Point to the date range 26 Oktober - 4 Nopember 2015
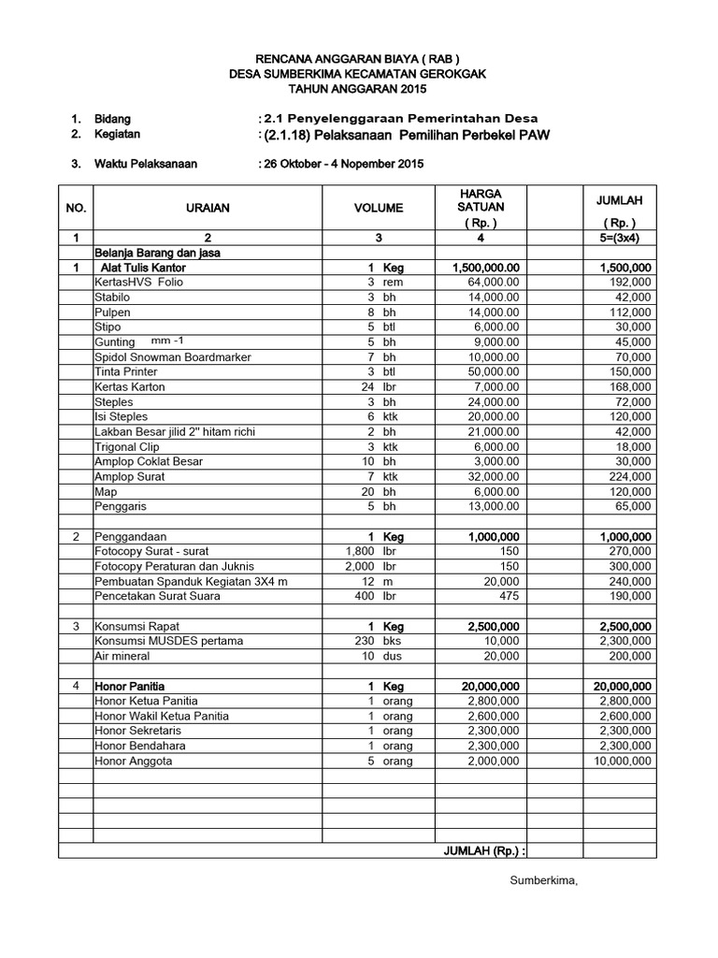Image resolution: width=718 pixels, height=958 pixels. tap(342, 164)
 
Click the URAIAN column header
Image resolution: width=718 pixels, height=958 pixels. tap(208, 208)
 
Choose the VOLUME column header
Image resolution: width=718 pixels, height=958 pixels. tap(378, 208)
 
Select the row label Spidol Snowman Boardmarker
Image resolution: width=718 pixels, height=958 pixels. tap(172, 356)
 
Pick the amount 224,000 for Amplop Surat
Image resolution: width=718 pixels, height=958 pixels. tap(629, 476)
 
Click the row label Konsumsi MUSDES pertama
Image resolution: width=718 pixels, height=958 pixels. tap(168, 641)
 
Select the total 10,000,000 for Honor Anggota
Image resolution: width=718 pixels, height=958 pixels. tap(621, 761)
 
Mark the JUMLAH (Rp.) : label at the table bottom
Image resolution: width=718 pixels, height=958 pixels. tap(484, 850)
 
